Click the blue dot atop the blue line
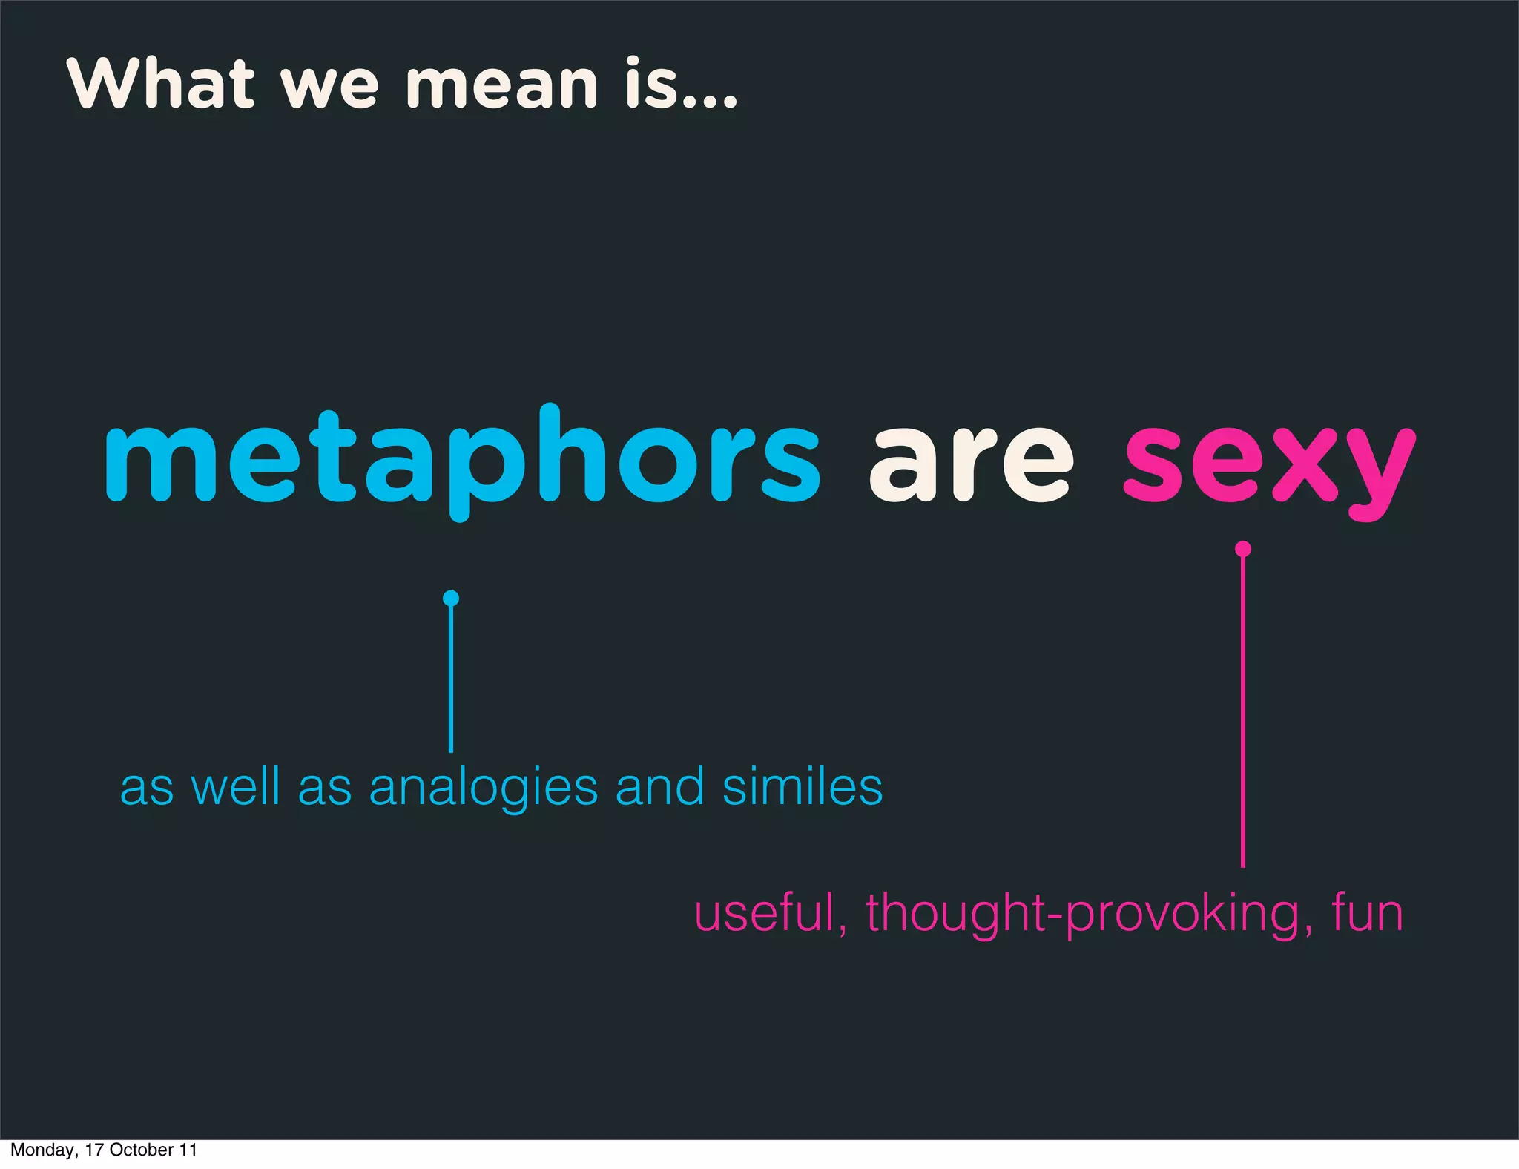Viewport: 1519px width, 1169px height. pyautogui.click(x=451, y=598)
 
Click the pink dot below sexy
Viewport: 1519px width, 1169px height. pyautogui.click(x=1243, y=549)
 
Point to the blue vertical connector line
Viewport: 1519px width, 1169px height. pyautogui.click(x=451, y=679)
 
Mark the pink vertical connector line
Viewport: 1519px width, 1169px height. pyautogui.click(x=1243, y=712)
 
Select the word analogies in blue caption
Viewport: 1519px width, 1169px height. pyautogui.click(x=483, y=788)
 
